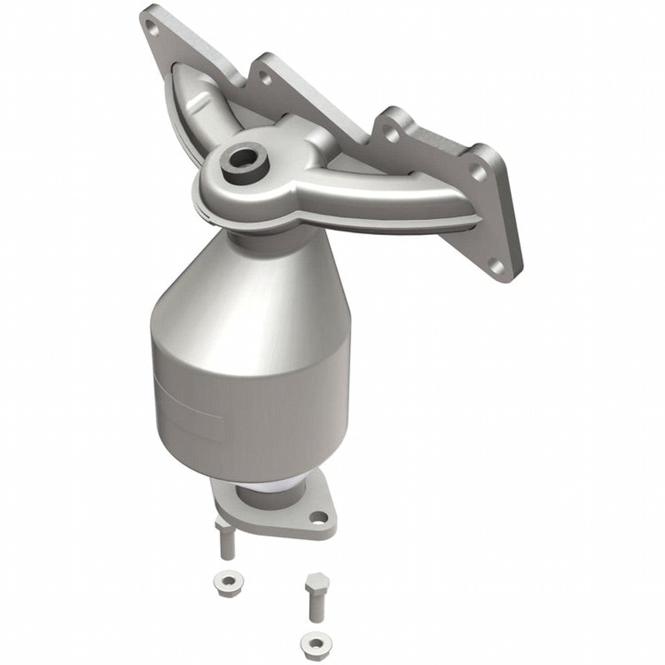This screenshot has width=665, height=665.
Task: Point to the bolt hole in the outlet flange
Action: (318, 517)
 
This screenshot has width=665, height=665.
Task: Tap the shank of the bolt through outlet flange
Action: (227, 542)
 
